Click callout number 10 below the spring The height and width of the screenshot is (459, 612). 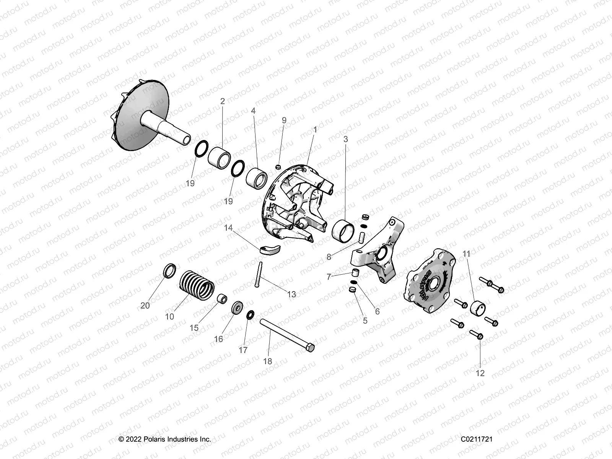coord(169,317)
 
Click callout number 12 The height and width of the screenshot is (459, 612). coord(480,373)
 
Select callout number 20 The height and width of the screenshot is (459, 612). coord(145,306)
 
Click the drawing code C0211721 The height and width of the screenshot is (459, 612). coord(476,439)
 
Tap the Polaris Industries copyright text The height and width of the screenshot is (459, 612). coord(165,439)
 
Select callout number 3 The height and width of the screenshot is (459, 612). coord(346,140)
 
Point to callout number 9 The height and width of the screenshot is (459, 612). coord(284,120)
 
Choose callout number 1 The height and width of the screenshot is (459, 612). coord(315,130)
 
